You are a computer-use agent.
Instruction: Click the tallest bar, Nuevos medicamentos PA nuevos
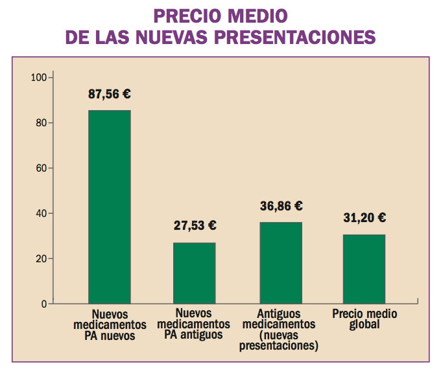tap(110, 207)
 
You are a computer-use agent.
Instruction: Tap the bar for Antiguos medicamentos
tap(281, 262)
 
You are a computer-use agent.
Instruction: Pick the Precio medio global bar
tap(364, 269)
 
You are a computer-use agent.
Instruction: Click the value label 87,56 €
tap(110, 94)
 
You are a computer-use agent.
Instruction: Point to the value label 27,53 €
tap(195, 226)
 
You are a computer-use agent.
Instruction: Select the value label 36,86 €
tap(281, 206)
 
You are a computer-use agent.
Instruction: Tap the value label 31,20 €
tap(365, 218)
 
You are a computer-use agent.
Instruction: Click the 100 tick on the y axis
tap(39, 78)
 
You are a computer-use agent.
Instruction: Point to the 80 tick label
tap(41, 123)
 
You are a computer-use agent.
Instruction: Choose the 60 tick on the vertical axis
tap(41, 168)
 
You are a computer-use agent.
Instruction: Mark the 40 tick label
tap(41, 214)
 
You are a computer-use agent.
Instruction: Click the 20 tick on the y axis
tap(41, 259)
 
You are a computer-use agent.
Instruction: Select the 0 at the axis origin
tap(43, 304)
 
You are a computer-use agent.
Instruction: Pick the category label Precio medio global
tap(365, 319)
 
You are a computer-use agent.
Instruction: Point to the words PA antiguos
tap(194, 335)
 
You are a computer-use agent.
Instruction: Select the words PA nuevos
tap(109, 335)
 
